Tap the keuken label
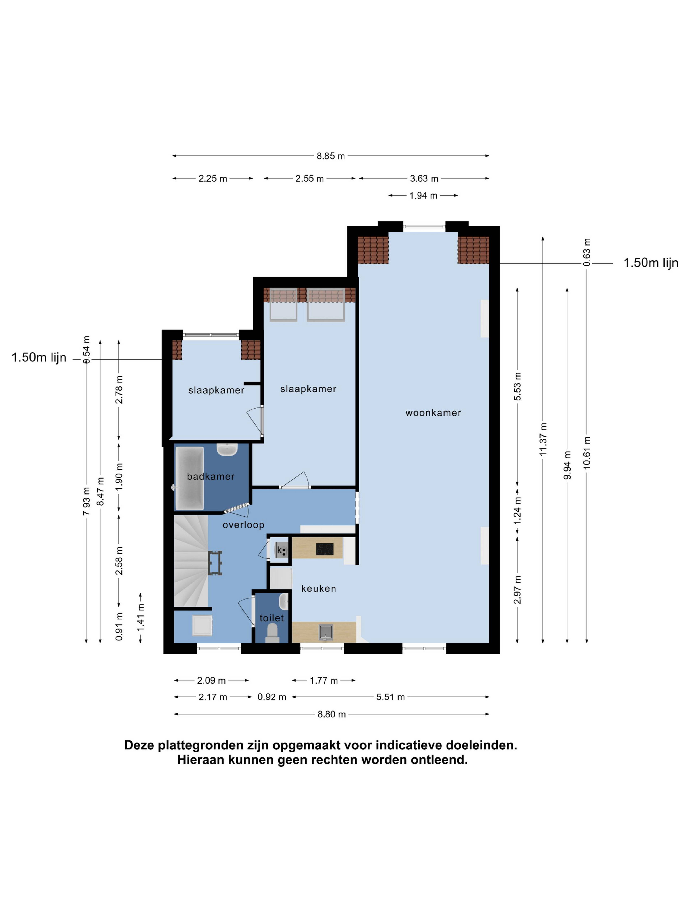pos(319,588)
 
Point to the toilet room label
pos(272,618)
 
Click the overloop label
pos(243,525)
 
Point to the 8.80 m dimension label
pos(332,714)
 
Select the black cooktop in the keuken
pos(325,549)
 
